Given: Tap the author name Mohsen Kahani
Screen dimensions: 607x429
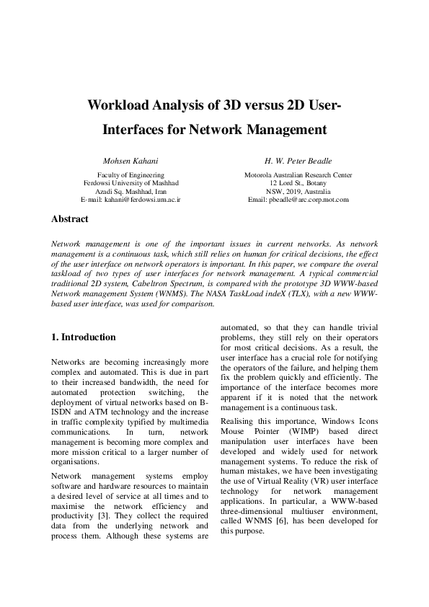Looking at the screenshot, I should click(131, 159).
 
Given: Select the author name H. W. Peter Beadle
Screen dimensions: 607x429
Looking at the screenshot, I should click(298, 159).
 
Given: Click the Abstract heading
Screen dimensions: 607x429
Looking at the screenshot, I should click(70, 218).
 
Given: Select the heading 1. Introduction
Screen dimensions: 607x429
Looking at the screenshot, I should click(83, 337).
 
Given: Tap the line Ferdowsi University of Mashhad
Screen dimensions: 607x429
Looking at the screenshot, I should click(131, 183).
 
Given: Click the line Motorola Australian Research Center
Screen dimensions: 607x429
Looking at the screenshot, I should click(298, 175).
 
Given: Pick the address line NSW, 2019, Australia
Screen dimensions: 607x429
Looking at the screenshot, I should click(298, 191).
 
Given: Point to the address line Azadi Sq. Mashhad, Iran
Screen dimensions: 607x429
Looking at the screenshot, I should click(131, 191).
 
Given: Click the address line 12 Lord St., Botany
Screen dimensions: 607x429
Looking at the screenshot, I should click(298, 183).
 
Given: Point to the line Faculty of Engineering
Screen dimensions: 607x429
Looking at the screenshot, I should click(131, 175).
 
